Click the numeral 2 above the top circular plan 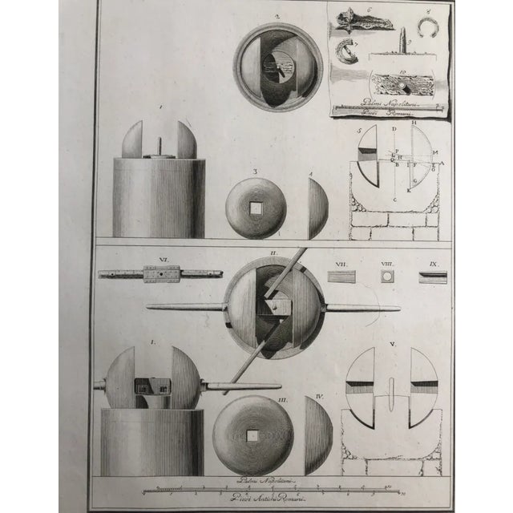275,15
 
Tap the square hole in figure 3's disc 255,208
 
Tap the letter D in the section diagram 394,129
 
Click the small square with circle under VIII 388,277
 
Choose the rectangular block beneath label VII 341,277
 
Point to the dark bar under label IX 433,277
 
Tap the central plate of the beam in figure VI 161,274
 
